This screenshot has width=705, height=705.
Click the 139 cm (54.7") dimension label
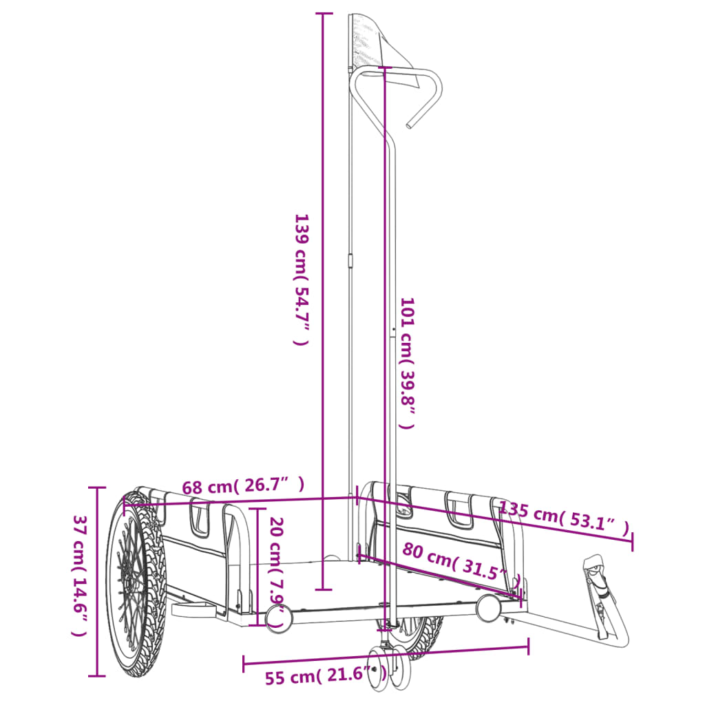[x=301, y=279]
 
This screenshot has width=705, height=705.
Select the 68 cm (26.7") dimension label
[x=242, y=486]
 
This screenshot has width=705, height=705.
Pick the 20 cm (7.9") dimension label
[x=275, y=571]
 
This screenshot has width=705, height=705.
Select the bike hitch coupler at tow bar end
[x=596, y=578]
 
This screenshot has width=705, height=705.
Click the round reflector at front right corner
[x=488, y=608]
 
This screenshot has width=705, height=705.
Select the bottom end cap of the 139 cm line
[x=323, y=589]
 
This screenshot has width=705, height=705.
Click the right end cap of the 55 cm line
[x=528, y=646]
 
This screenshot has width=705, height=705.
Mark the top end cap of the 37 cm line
[x=96, y=487]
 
